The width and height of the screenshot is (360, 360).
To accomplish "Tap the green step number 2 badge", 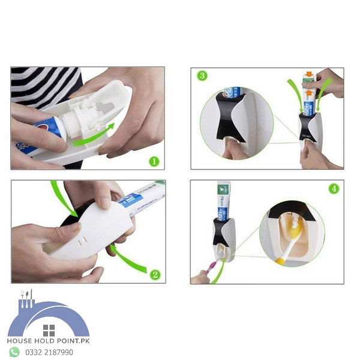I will [155, 275].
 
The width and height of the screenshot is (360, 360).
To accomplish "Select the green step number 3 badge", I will [202, 76].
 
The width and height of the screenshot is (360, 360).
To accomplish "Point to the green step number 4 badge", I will [334, 188].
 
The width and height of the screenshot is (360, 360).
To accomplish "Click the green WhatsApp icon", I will [14, 352].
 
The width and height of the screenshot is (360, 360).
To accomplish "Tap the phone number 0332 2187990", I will [49, 352].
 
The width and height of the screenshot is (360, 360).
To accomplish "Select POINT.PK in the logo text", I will [73, 341].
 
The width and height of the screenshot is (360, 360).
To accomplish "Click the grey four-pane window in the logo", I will [49, 330].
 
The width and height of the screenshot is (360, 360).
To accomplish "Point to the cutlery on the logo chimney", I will [25, 298].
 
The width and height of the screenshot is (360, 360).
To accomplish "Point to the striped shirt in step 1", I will [45, 85].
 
